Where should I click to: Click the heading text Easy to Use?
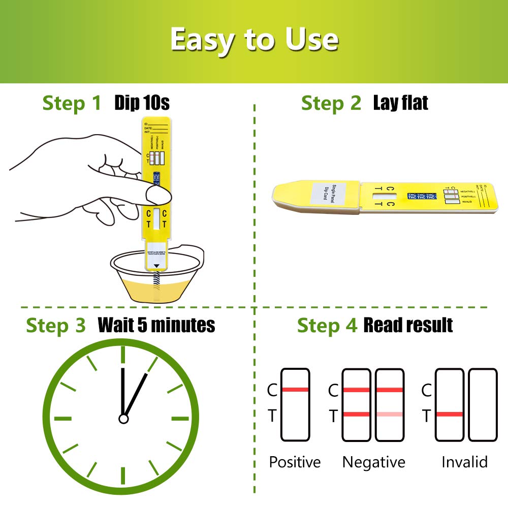point(254,40)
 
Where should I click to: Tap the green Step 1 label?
point(72,103)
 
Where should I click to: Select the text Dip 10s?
point(142,103)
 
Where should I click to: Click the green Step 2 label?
point(331,103)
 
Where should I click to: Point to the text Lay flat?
point(400,103)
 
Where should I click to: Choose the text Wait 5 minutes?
point(156,325)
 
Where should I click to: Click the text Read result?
point(407,325)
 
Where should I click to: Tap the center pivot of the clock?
point(123,419)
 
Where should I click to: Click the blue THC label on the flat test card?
point(421,197)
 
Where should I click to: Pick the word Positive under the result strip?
point(295,462)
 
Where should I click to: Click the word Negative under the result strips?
point(373,462)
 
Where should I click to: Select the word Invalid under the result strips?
point(464,462)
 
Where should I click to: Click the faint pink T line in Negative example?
point(390,415)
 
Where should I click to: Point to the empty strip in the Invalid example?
point(483,405)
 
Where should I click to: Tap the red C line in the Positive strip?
point(295,390)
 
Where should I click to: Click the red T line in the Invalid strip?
point(450,415)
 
